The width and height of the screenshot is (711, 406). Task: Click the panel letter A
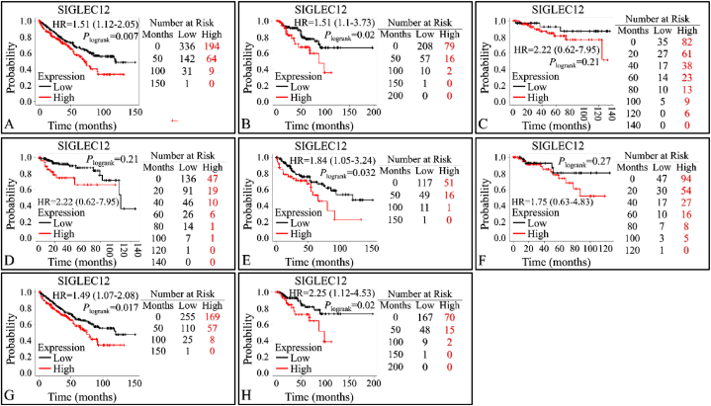[9, 124]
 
